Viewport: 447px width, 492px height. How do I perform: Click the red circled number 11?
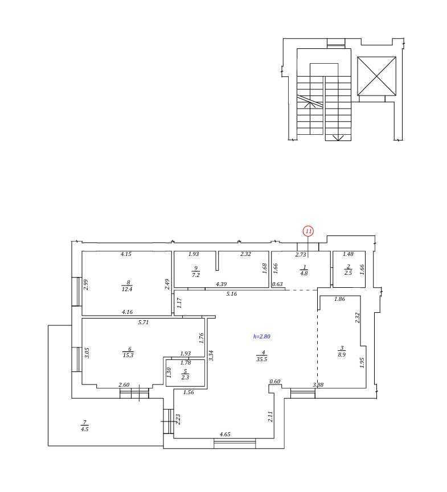coord(309,231)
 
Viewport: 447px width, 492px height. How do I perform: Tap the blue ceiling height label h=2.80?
coord(262,336)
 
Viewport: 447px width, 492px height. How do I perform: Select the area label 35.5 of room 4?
coord(261,359)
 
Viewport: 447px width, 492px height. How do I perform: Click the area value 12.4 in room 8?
coord(127,290)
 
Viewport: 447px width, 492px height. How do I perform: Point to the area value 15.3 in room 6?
coord(128,355)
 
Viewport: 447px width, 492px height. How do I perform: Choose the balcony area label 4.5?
coord(84,429)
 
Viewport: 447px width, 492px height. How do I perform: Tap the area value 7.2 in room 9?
coord(195,275)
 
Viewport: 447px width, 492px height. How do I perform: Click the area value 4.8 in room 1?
coord(304,273)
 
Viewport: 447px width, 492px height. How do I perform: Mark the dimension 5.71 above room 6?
coord(143,322)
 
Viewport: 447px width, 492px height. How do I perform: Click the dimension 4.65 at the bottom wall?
coord(225,434)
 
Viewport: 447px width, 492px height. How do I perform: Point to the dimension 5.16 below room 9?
coord(232,293)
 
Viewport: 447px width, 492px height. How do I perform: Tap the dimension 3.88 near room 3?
coord(318,384)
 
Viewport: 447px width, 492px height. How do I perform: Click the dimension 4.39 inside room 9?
coord(221,284)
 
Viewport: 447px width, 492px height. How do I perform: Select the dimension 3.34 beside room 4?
coord(211,355)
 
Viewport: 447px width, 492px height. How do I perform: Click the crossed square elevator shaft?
coord(376,76)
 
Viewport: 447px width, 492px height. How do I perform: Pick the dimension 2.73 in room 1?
coord(301,254)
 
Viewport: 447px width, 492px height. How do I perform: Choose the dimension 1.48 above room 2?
coord(348,254)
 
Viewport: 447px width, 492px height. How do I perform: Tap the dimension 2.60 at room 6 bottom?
coord(124,384)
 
